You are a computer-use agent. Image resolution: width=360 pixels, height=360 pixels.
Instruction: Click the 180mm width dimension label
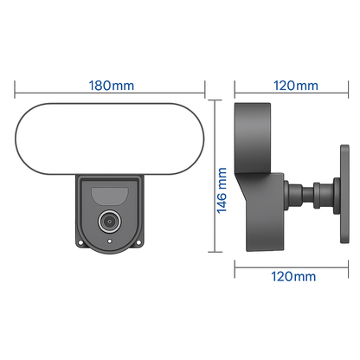coord(111,86)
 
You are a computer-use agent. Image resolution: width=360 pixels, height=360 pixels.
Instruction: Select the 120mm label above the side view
coord(294,86)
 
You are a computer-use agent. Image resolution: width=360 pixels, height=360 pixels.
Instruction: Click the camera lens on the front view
coord(110,221)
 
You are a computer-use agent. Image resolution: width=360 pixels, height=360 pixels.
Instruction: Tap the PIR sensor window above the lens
coord(110,191)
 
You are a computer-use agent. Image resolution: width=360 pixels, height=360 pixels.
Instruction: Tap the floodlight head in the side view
coord(256,130)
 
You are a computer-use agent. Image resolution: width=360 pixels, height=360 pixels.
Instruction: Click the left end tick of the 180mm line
coord(17,86)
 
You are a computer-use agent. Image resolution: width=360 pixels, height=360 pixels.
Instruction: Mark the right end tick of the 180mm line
coord(204,86)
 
